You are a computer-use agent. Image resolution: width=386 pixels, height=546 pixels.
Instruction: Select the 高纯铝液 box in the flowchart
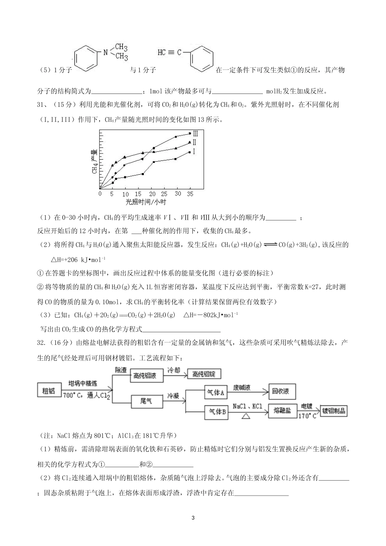pos(147,376)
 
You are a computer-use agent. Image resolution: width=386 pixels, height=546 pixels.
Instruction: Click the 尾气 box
pos(146,401)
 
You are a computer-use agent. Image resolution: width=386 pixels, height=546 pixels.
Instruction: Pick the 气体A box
pos(216,392)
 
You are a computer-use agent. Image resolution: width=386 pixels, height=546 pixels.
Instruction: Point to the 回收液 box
pos(280,392)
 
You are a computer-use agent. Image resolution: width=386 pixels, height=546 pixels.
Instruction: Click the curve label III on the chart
pos(195,133)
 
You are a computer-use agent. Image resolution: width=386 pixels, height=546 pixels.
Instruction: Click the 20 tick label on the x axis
pos(152,194)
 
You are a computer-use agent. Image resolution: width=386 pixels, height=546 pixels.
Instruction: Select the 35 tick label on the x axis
pos(190,194)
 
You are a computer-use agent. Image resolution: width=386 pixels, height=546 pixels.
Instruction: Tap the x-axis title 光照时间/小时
pos(145,202)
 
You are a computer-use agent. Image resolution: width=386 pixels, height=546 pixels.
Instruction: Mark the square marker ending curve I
pos(190,152)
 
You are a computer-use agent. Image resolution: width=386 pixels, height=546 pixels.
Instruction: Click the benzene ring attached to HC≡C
pos(202,59)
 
